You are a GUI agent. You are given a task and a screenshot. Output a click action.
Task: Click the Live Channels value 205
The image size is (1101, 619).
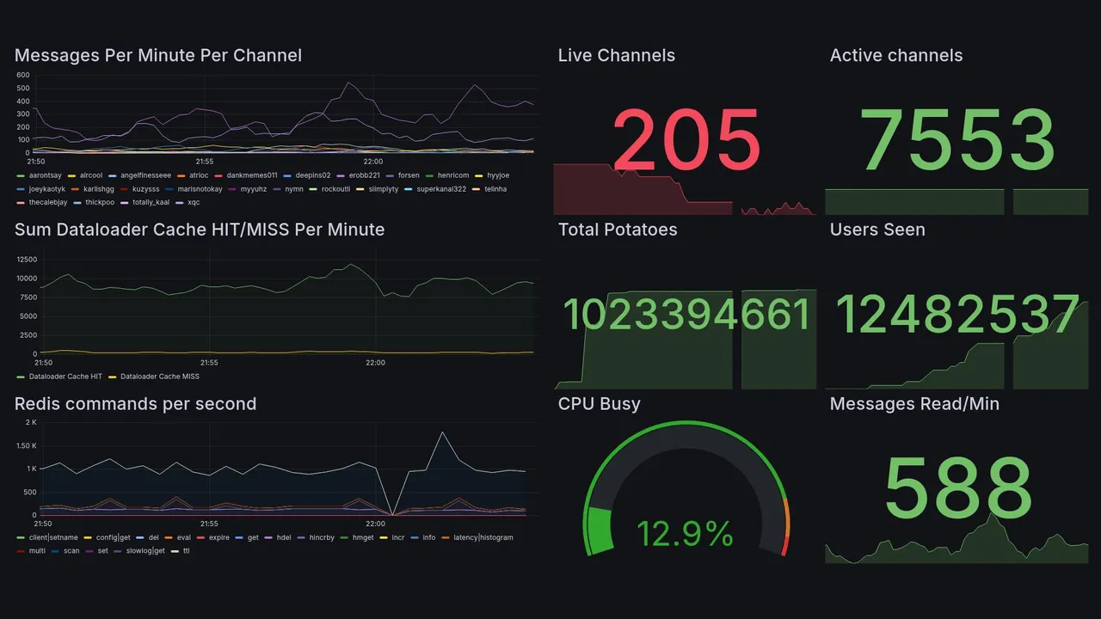[686, 140]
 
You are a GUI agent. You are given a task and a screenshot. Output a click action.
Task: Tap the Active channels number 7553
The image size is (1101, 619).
[957, 140]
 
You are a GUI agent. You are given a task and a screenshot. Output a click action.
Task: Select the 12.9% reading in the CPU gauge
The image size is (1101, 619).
[685, 535]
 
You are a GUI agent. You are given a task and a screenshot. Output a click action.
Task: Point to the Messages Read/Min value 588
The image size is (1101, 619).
[957, 487]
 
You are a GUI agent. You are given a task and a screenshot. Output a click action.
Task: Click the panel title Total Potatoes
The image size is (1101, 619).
[617, 230]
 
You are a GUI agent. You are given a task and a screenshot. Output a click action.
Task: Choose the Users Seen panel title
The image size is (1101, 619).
[876, 230]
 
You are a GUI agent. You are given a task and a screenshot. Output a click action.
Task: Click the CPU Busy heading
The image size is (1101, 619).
[599, 404]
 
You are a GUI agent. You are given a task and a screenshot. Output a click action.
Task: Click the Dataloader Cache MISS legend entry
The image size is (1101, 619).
[159, 377]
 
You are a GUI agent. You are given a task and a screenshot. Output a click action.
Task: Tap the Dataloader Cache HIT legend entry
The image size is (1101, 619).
[65, 377]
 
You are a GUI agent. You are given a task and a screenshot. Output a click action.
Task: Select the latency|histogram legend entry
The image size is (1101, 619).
[483, 537]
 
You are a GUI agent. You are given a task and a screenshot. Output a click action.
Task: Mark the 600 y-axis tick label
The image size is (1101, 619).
[23, 75]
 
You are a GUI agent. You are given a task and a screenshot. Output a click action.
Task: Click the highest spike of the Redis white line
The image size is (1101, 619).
[442, 432]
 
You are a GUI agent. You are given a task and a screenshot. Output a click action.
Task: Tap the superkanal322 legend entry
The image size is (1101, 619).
[440, 189]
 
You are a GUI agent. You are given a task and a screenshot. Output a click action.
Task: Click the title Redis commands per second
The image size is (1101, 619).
[135, 404]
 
